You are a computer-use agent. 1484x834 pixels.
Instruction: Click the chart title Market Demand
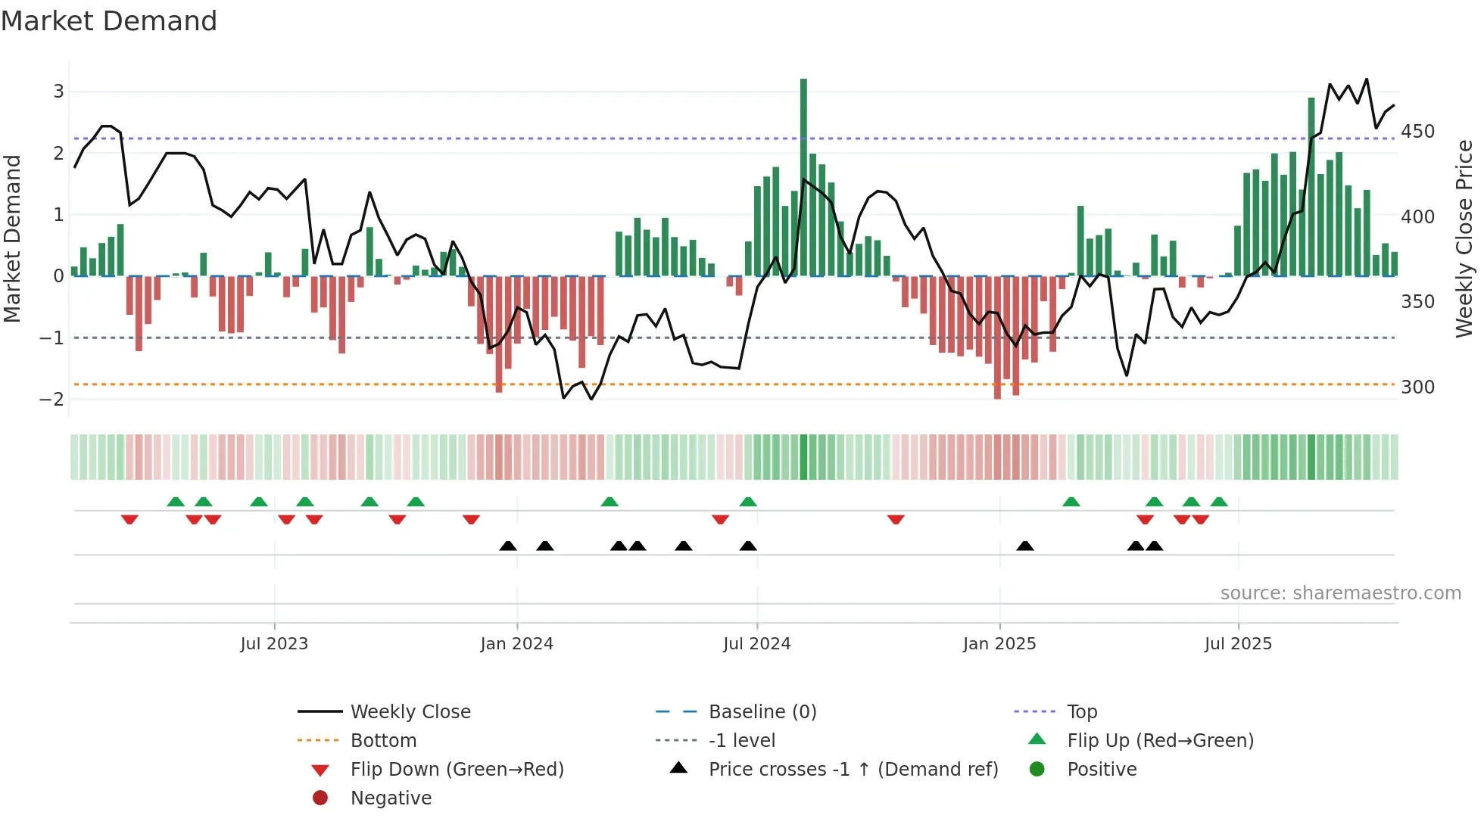(x=109, y=21)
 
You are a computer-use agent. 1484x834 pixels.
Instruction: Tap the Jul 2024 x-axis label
(x=756, y=644)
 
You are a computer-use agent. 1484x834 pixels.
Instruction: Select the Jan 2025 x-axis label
(x=999, y=644)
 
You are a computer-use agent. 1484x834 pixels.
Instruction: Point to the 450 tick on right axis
(x=1417, y=132)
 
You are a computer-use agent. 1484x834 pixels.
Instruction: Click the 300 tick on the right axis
(x=1417, y=387)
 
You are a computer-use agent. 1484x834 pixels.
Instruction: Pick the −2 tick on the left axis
(x=51, y=400)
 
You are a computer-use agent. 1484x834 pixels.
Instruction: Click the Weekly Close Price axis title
(x=1464, y=238)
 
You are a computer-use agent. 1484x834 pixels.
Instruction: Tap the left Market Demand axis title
(x=12, y=238)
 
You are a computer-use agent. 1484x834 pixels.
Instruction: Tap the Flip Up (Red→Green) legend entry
(x=1160, y=741)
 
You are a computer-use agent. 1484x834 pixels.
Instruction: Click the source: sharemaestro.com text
(x=1340, y=593)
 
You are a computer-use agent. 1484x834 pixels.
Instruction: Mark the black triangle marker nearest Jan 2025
(x=1025, y=546)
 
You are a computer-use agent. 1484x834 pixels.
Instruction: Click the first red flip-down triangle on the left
(x=129, y=519)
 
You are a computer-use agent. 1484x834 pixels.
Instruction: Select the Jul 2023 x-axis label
(x=274, y=644)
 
